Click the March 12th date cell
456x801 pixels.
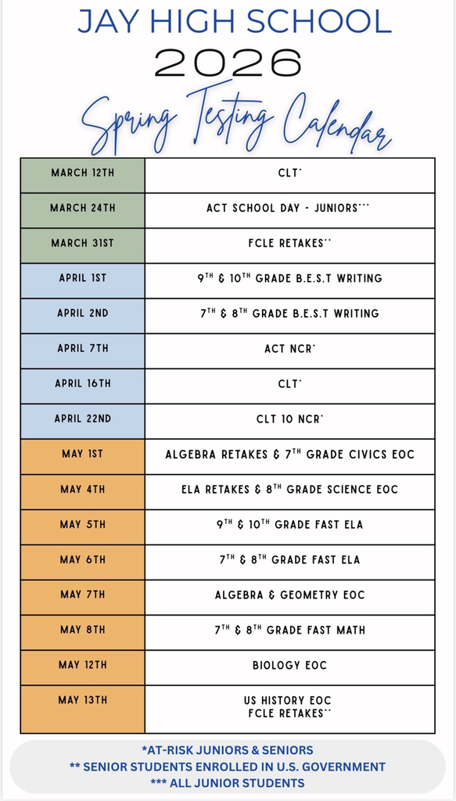(x=82, y=173)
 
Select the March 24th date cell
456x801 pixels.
(x=82, y=208)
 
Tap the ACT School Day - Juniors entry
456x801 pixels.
(x=288, y=208)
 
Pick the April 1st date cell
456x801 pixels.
(x=82, y=278)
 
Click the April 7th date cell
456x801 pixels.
(x=82, y=348)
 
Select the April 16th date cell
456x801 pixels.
(x=82, y=383)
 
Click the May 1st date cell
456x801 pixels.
(x=82, y=454)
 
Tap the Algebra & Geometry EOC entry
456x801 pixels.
(x=289, y=594)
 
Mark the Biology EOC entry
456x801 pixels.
(x=289, y=665)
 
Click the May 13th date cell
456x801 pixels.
(x=82, y=700)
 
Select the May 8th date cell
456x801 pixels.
(x=82, y=630)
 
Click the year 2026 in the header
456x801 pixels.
(x=228, y=62)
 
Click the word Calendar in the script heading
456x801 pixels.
(x=336, y=125)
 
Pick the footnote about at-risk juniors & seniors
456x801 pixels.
(x=228, y=750)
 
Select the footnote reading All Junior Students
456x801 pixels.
(x=228, y=782)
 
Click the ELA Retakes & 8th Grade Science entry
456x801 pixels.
(x=289, y=489)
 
